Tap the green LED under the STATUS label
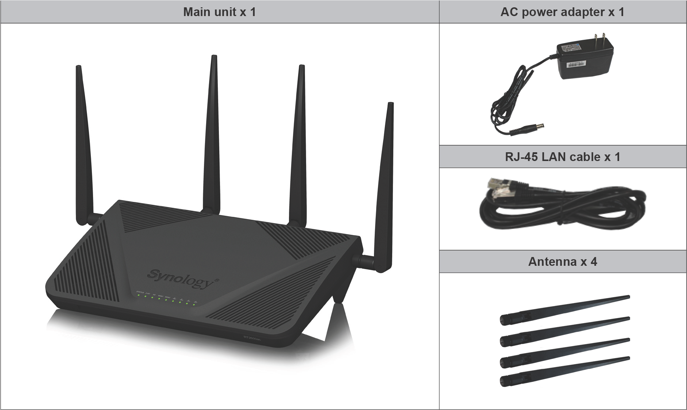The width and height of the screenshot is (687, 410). click(138, 295)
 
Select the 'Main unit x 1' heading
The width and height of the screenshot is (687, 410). click(219, 12)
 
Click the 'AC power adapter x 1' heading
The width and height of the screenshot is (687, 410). click(562, 12)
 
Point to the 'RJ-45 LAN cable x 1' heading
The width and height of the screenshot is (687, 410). click(562, 157)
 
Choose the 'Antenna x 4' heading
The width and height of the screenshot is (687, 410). click(562, 262)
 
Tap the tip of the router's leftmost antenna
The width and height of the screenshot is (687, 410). click(78, 68)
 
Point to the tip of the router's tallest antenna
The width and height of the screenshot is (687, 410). click(214, 57)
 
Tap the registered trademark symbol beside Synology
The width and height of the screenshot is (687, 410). click(217, 280)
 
